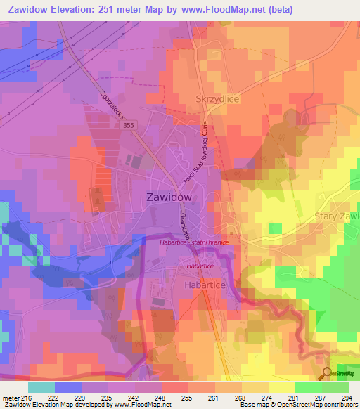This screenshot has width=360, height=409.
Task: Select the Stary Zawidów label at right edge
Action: (x=337, y=216)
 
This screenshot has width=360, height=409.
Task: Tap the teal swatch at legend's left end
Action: (x=41, y=387)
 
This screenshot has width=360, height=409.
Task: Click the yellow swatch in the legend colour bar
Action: (x=281, y=387)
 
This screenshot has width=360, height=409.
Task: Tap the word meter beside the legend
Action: (x=8, y=397)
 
